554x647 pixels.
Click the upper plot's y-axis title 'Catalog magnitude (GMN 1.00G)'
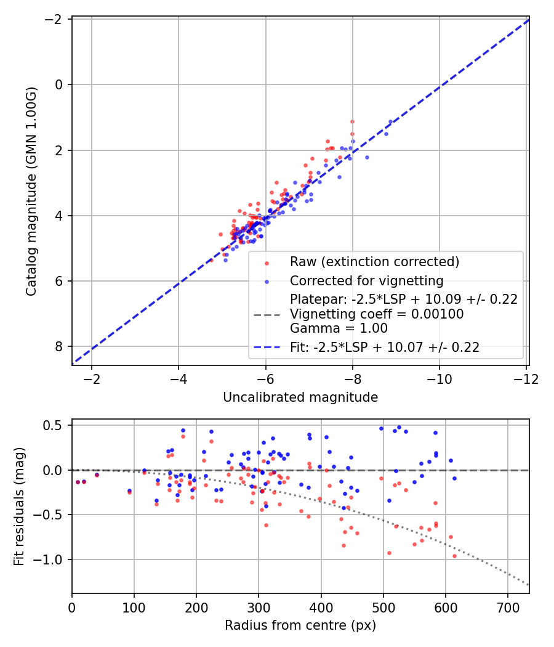(x=31, y=192)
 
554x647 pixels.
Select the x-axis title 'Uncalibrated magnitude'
(x=300, y=397)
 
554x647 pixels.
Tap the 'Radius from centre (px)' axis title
(x=300, y=625)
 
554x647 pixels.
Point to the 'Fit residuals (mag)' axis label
(x=19, y=507)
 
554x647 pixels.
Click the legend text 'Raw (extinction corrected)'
(x=374, y=262)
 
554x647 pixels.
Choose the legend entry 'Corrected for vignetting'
(x=367, y=281)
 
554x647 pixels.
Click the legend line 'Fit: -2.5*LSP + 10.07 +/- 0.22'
(x=385, y=348)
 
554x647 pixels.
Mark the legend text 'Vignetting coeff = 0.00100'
(x=377, y=314)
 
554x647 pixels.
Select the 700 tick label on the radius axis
(x=507, y=606)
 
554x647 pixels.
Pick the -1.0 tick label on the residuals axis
(x=53, y=560)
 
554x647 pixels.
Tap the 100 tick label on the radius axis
(x=134, y=606)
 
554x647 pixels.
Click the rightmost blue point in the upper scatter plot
(x=390, y=122)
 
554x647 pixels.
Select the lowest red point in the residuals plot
(x=454, y=556)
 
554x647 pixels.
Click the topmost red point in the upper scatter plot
(x=352, y=121)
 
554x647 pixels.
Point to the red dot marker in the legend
(x=267, y=262)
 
